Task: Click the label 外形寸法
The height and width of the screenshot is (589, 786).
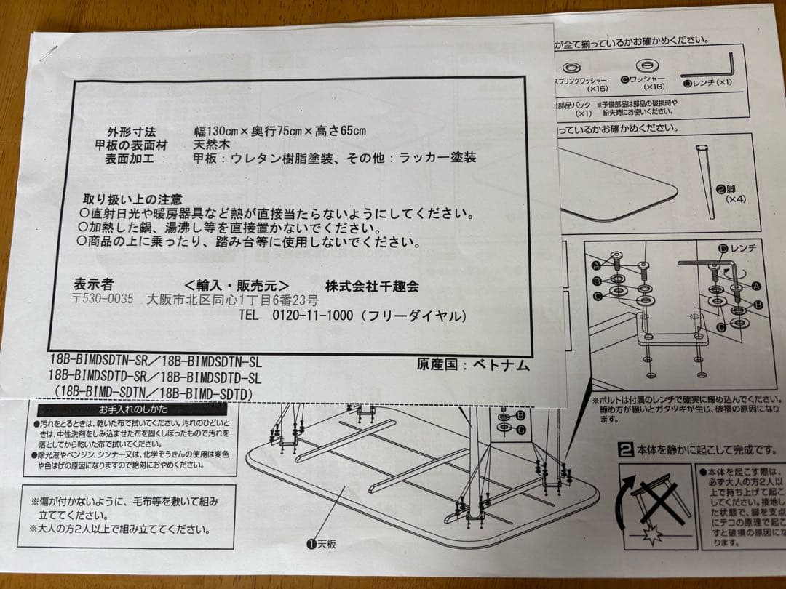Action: (132, 132)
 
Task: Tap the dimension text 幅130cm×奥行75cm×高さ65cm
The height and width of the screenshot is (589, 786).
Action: (279, 132)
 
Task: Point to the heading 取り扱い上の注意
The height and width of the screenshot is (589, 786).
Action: (132, 199)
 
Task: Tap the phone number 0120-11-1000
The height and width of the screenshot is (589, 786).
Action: (312, 316)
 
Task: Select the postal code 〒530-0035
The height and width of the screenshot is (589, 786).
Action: (103, 299)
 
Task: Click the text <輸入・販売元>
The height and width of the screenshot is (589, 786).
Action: (237, 285)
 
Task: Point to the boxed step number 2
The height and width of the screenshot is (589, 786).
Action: (624, 449)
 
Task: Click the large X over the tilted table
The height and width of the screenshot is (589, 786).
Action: (662, 502)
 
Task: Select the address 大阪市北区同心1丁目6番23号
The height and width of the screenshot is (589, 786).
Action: (233, 300)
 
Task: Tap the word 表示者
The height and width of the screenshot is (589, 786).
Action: (94, 284)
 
